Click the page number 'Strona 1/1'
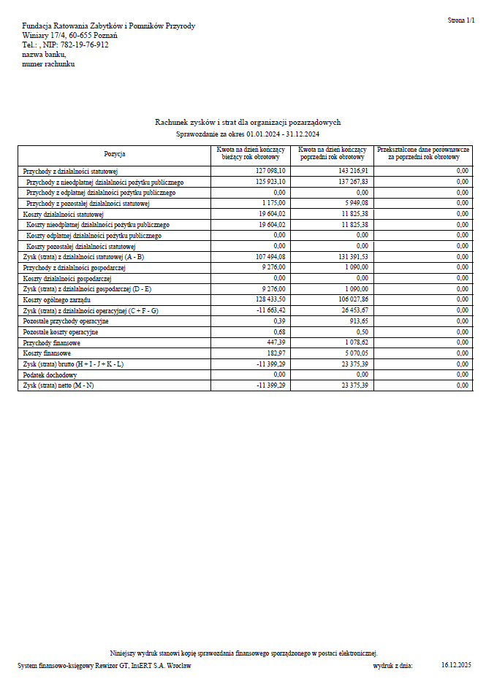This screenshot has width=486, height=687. click(460, 21)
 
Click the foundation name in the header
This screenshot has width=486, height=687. click(109, 26)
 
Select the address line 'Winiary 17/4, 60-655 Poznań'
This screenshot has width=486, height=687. click(70, 35)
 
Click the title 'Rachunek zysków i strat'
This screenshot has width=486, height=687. click(248, 123)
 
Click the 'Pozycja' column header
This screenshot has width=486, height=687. click(115, 154)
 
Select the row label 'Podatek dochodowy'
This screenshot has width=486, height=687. click(50, 375)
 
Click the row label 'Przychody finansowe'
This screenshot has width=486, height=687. click(52, 342)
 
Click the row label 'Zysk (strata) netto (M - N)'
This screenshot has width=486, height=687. click(58, 385)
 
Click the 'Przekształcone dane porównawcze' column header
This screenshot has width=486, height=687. click(423, 153)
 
